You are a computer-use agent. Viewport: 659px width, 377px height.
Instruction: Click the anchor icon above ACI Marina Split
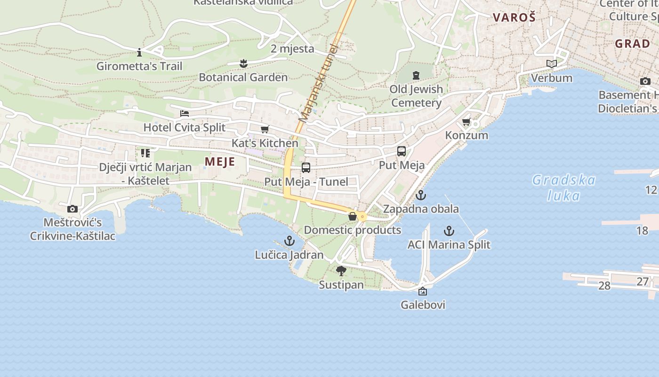(x=449, y=231)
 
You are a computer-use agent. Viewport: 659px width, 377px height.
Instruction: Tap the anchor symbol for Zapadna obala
(x=421, y=195)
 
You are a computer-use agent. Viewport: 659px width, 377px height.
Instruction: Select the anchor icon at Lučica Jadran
(x=289, y=241)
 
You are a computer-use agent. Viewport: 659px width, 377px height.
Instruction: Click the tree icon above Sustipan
(x=341, y=271)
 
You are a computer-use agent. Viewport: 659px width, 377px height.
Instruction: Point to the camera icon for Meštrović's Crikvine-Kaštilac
(x=72, y=209)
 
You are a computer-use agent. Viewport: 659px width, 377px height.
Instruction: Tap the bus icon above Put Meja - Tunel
(x=306, y=167)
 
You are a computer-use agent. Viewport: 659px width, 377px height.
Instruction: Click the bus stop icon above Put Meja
(x=402, y=151)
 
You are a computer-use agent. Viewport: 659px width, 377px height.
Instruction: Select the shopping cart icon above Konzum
(x=466, y=122)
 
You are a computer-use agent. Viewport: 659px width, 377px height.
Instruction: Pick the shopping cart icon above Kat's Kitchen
(x=265, y=129)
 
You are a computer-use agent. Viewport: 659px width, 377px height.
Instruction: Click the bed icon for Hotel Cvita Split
(x=185, y=114)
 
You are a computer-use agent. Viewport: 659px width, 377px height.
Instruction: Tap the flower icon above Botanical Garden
(x=243, y=63)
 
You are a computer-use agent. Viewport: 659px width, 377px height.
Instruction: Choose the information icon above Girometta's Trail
(x=139, y=52)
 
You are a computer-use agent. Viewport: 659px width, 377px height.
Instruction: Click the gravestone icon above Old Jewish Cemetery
(x=416, y=75)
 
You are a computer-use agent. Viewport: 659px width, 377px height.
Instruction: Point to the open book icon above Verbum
(x=551, y=64)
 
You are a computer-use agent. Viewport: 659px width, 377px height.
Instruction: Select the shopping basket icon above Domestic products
(x=352, y=216)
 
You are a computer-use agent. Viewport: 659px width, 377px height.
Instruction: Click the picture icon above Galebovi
(x=423, y=291)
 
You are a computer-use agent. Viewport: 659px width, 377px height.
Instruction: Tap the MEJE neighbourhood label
(x=220, y=162)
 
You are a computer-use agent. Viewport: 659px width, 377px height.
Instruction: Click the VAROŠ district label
(x=514, y=18)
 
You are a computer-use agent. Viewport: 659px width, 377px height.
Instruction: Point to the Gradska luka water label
(x=564, y=187)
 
